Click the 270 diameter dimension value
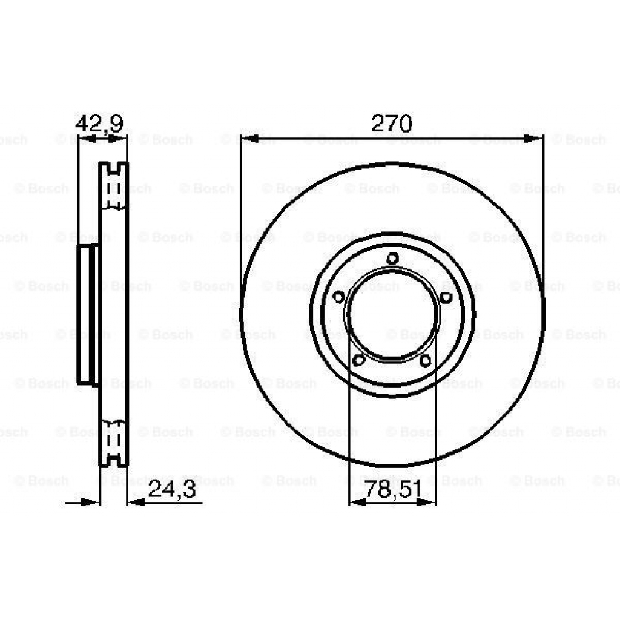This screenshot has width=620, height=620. click(x=391, y=124)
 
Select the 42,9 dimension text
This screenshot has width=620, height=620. click(x=99, y=124)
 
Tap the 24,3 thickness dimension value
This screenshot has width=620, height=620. click(x=172, y=489)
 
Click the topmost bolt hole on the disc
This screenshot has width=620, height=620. click(x=392, y=259)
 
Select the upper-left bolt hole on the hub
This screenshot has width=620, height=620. click(x=338, y=297)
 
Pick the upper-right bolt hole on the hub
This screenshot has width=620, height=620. click(x=446, y=297)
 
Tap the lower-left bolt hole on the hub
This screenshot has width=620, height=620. click(x=358, y=361)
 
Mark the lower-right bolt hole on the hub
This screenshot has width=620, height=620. click(x=426, y=361)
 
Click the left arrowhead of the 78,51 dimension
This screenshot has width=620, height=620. click(x=358, y=502)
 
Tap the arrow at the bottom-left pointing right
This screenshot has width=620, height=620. click(x=91, y=502)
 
